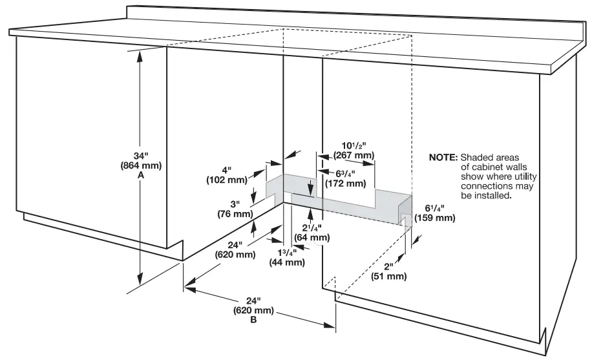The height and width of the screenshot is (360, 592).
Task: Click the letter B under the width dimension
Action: point(253,320)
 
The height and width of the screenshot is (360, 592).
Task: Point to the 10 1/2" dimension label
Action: point(354,145)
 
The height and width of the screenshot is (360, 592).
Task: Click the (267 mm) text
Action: point(354,155)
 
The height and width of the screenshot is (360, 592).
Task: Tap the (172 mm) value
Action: point(346,183)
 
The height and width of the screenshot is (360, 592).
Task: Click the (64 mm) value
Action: point(313,237)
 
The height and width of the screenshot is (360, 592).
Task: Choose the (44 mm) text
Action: point(286,262)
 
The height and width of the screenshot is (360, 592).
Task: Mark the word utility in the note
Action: point(524,176)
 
